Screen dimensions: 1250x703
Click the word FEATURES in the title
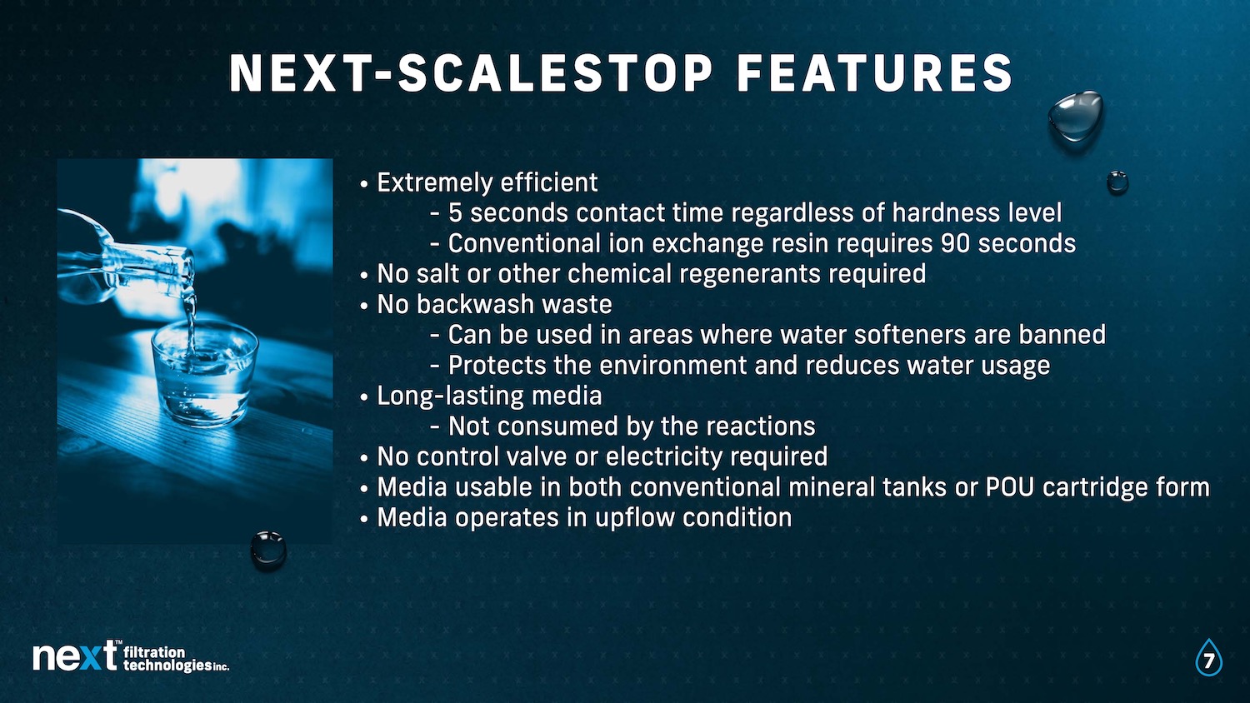(x=874, y=73)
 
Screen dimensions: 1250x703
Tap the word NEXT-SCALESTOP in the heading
(x=471, y=73)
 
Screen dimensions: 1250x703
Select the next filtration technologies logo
(x=131, y=656)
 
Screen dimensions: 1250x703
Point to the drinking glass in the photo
(x=205, y=376)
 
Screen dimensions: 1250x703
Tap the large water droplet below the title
(x=1075, y=116)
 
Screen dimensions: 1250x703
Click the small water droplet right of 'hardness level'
(x=1117, y=182)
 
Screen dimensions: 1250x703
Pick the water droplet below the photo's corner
(x=267, y=550)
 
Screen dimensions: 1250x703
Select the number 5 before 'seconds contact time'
(x=455, y=213)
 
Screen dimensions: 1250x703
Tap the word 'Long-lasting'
(x=450, y=396)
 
